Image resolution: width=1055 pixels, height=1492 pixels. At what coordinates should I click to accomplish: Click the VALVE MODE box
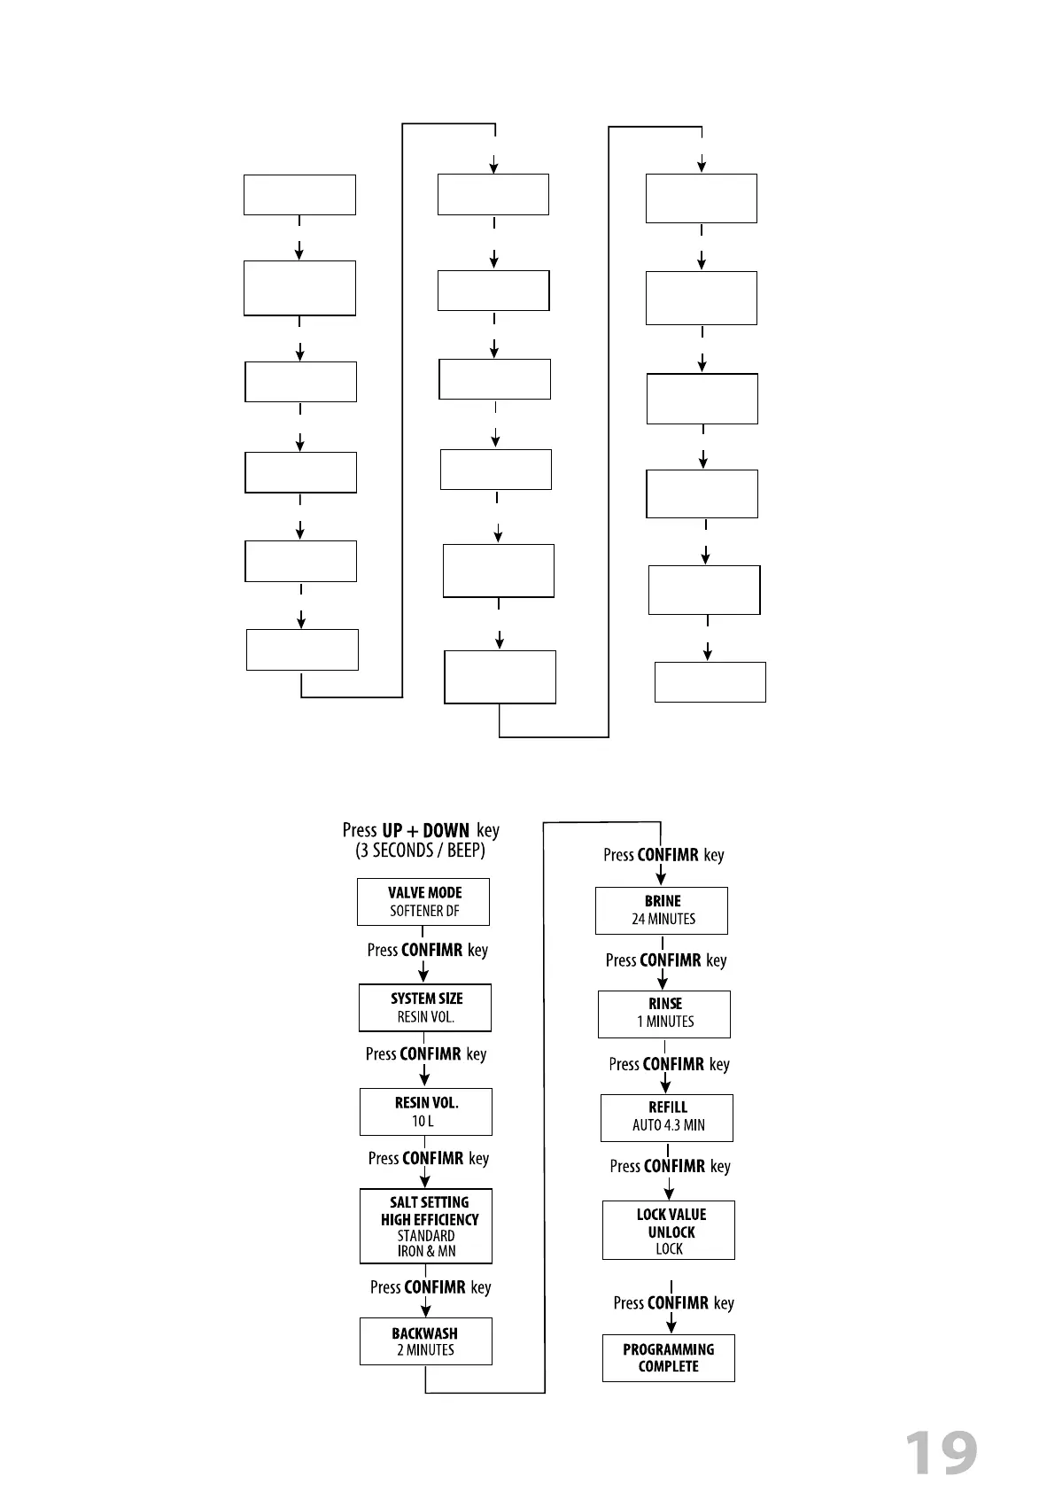(x=423, y=902)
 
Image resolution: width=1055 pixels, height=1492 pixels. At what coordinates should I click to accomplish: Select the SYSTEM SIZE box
(x=425, y=1007)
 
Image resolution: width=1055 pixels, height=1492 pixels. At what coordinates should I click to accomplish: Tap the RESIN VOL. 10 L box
(x=425, y=1112)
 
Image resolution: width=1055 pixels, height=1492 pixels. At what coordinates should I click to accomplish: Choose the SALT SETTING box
(x=426, y=1226)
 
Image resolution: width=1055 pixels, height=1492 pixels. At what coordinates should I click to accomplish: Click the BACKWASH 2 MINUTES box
(x=425, y=1341)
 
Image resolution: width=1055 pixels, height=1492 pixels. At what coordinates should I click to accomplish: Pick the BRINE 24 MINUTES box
(x=662, y=910)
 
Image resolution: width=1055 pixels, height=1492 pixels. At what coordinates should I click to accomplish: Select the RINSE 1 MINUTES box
(x=664, y=1014)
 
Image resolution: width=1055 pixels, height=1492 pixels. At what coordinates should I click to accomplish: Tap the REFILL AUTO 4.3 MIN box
(x=667, y=1117)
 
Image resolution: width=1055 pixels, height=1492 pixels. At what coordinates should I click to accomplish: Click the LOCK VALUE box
(x=669, y=1230)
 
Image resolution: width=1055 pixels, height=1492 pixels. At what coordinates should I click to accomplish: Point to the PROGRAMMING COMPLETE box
(x=669, y=1358)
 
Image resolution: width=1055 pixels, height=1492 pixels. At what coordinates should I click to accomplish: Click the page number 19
(x=941, y=1453)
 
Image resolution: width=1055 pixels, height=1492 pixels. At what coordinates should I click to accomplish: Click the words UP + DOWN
(x=425, y=831)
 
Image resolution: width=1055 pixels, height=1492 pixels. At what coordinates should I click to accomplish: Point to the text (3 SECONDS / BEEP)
(x=421, y=851)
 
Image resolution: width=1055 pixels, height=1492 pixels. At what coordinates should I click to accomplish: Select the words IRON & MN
(x=426, y=1252)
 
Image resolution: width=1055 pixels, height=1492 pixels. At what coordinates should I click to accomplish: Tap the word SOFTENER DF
(x=425, y=911)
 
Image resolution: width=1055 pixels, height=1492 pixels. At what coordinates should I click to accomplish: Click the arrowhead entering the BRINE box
(x=662, y=879)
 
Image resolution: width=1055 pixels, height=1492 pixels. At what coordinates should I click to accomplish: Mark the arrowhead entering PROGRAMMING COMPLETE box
(x=671, y=1326)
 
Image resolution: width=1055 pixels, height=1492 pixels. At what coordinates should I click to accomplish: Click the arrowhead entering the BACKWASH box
(x=426, y=1309)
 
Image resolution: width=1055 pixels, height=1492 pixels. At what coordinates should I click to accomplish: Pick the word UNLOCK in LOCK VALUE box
(x=671, y=1232)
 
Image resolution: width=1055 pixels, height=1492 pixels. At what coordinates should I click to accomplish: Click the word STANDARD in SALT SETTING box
(x=426, y=1236)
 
